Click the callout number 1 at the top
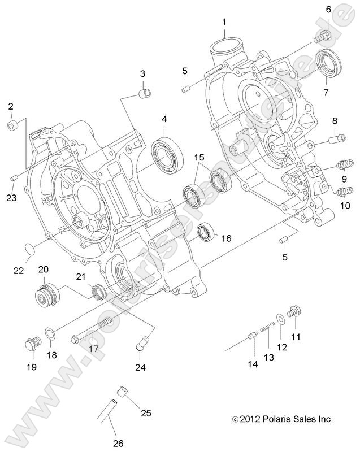[224, 22]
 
